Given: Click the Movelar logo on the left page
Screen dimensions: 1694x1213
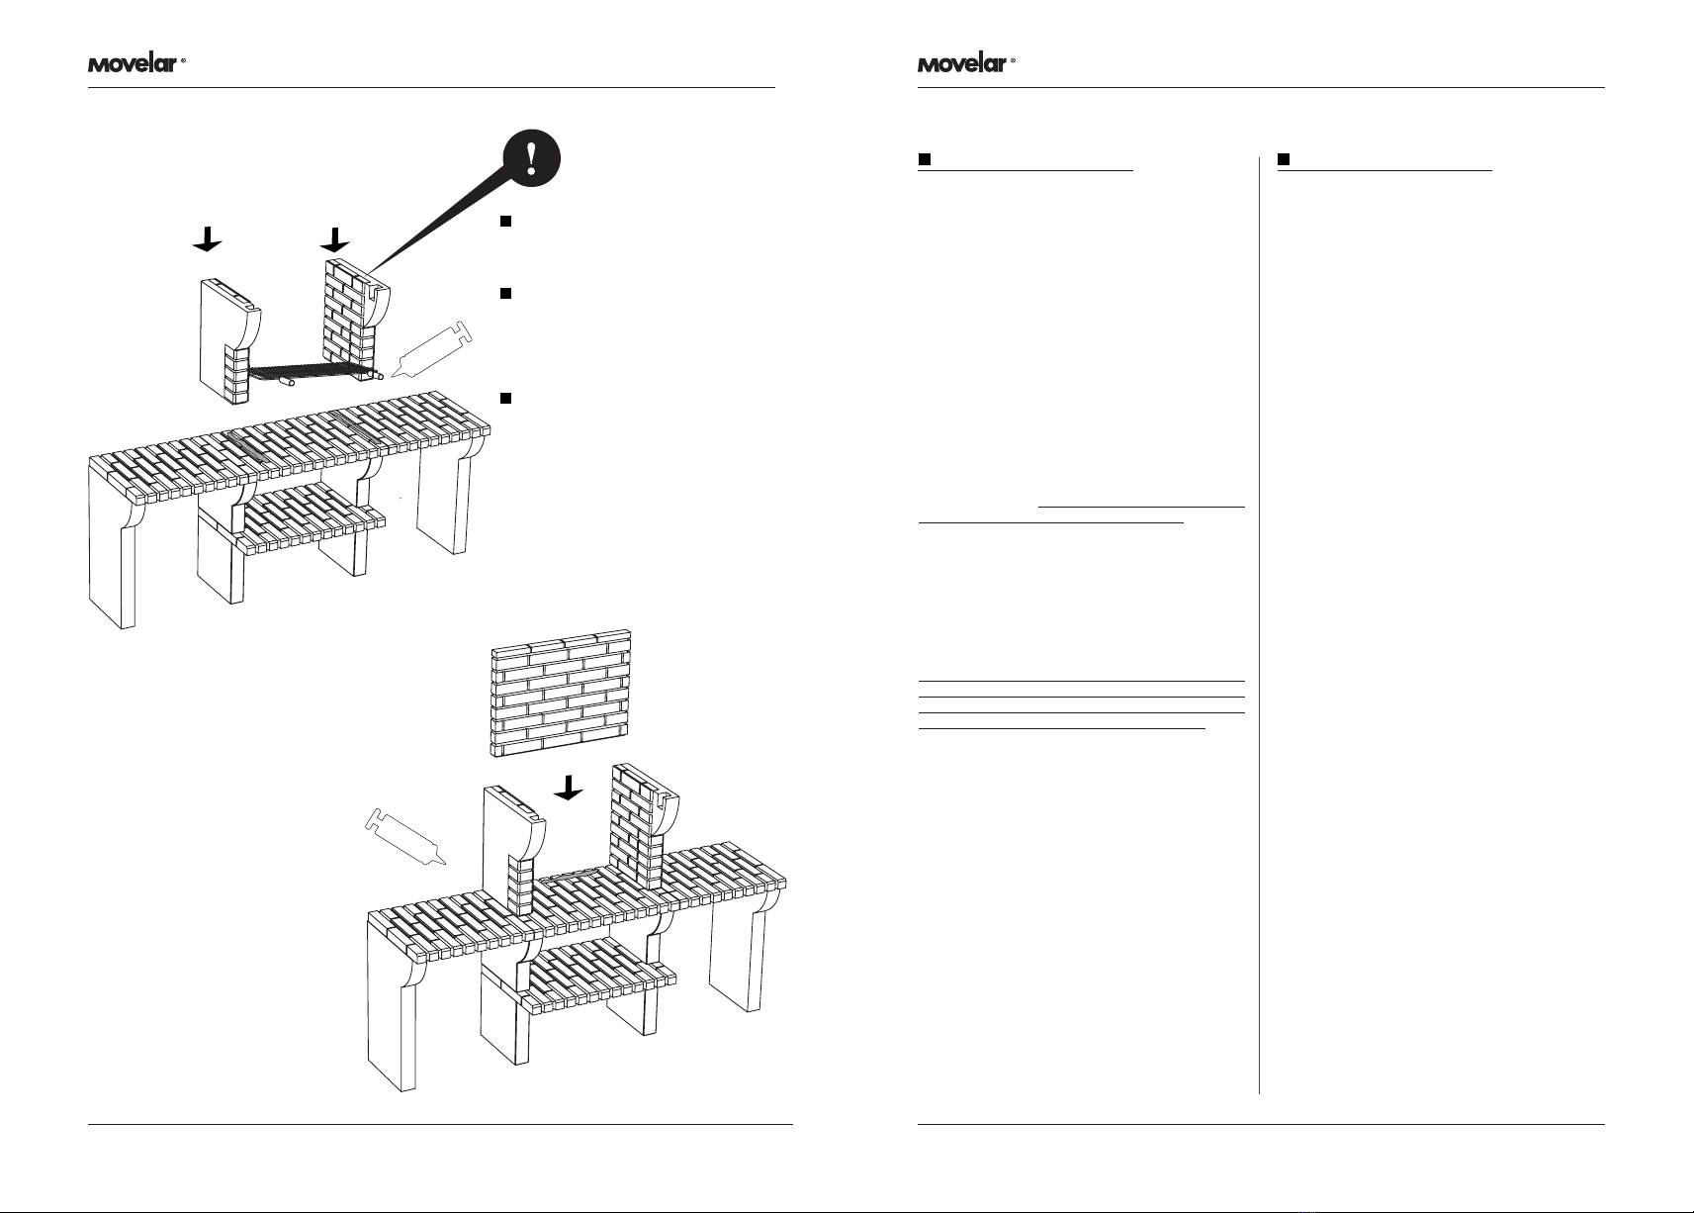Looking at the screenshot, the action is [136, 64].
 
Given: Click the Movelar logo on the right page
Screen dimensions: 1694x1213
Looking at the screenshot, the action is [966, 64].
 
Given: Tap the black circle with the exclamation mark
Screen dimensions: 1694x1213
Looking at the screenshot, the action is [532, 158].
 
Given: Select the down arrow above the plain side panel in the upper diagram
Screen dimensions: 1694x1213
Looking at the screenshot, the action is [207, 239].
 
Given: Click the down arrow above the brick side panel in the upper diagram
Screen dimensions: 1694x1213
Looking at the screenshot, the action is [335, 239].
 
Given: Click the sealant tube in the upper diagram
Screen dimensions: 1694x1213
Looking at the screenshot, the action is [431, 349].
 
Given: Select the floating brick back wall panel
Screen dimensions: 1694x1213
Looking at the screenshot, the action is [561, 694].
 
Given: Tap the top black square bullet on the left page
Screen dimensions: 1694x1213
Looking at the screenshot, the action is [506, 221].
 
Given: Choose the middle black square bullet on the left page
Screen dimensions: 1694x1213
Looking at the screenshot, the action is [506, 294].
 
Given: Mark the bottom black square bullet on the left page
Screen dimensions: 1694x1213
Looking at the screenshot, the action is [506, 398].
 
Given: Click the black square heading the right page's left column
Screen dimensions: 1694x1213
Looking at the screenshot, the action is [925, 159].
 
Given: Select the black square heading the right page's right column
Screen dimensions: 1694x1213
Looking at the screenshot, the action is [1284, 159].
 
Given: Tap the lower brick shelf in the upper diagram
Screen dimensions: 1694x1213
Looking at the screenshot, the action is [311, 519].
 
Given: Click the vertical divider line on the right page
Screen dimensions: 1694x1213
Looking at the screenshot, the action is [1259, 625].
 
